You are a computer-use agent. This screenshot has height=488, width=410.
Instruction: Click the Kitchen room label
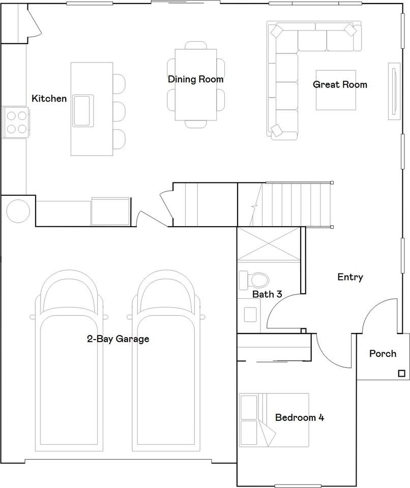coord(49,99)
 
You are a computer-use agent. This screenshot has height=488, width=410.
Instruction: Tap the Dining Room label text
coord(196,79)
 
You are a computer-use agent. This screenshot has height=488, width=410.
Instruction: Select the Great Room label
coord(340,84)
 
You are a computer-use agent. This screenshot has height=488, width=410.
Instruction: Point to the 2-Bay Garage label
coord(118,339)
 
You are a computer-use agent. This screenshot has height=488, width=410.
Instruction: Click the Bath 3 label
coord(267,294)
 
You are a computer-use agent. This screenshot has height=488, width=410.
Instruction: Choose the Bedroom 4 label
coord(300,417)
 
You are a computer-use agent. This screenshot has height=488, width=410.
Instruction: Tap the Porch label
coord(383,354)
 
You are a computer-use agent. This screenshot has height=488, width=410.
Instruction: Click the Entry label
coord(350,277)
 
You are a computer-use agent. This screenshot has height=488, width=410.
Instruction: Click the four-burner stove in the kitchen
coord(16,122)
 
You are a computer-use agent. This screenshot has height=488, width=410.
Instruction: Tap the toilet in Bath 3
coord(253,280)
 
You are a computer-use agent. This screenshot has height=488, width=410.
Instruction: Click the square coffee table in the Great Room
coord(336,90)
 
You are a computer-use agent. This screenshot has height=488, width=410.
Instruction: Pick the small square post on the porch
coord(402,374)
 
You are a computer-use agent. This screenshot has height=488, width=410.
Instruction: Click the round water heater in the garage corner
coord(18,210)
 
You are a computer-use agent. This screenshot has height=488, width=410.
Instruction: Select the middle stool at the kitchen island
coord(119,111)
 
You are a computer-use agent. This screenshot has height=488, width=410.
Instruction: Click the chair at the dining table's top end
coord(196,45)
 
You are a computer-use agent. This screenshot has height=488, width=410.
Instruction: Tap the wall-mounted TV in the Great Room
coord(394,91)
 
